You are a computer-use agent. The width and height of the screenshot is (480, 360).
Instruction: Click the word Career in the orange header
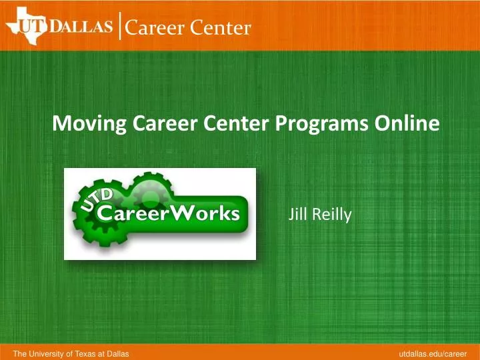pos(153,27)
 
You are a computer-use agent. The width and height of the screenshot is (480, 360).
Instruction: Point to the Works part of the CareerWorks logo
pos(206,213)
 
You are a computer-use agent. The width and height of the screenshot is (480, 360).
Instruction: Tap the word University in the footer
pos(44,352)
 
